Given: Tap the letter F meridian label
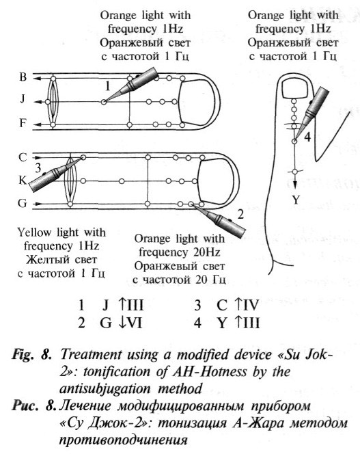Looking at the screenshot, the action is [x=23, y=124].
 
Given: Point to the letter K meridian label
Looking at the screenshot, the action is [x=23, y=180].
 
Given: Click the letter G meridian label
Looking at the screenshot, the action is [x=23, y=203].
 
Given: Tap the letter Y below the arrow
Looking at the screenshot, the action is [x=296, y=200].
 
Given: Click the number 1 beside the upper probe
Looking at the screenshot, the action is [x=107, y=87].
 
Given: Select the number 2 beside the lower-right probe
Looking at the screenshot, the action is [x=240, y=215].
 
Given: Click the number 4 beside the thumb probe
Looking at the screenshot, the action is [x=308, y=136].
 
